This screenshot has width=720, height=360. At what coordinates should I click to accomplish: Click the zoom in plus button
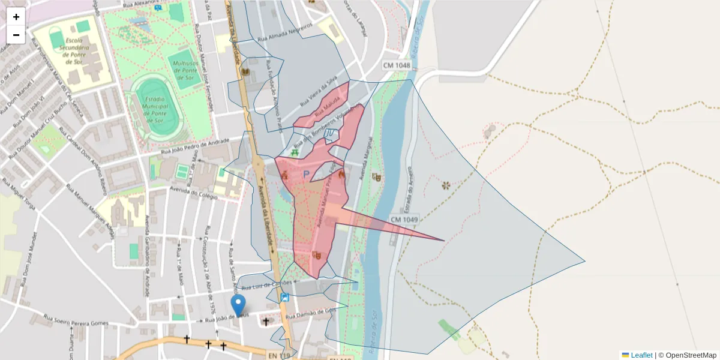tap(16, 17)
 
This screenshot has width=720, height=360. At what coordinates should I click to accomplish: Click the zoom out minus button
tap(16, 35)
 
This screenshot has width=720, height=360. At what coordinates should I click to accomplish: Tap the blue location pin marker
tap(239, 305)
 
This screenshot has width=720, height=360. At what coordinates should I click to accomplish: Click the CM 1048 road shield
tap(397, 65)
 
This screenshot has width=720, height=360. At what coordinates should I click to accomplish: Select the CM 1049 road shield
tap(404, 220)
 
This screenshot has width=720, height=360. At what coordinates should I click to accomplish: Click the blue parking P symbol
tap(306, 175)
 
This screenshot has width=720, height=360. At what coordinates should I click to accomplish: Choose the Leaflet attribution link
tap(641, 355)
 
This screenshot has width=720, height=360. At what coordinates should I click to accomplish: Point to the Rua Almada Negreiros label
tap(285, 32)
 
